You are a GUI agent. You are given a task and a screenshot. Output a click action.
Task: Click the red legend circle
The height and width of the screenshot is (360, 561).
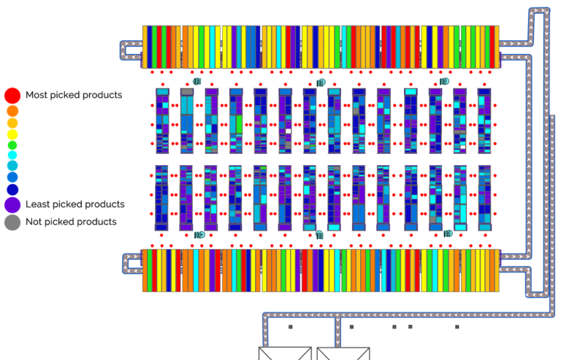click(x=12, y=96)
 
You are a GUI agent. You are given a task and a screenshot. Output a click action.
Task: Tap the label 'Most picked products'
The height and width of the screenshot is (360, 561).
click(x=74, y=95)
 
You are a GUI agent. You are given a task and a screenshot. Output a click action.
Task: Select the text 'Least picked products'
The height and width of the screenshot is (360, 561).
click(x=75, y=204)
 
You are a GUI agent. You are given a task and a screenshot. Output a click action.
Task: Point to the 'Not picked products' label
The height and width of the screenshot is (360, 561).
click(x=71, y=222)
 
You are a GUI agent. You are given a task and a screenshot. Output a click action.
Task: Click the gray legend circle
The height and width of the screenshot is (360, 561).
click(x=12, y=223)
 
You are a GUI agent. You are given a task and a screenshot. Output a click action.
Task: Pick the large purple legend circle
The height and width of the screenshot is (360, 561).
click(x=12, y=205)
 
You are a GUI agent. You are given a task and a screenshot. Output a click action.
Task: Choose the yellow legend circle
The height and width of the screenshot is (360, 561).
click(x=12, y=135)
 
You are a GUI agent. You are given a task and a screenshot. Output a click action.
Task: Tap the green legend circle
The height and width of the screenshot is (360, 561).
click(x=12, y=145)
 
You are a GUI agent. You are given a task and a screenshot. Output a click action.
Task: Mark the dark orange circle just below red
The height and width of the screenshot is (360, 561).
click(x=12, y=111)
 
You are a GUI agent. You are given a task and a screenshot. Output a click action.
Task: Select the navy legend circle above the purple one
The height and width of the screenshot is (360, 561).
click(x=12, y=189)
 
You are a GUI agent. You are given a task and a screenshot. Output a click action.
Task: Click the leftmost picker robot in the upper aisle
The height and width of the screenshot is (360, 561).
click(x=197, y=82)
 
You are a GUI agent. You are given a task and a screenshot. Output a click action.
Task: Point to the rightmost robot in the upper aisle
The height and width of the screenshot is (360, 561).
click(x=444, y=82)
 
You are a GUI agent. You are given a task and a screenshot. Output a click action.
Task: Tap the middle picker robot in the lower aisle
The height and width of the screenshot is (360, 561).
click(x=319, y=234)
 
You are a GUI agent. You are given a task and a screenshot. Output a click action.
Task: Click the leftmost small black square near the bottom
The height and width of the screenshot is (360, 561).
click(x=291, y=326)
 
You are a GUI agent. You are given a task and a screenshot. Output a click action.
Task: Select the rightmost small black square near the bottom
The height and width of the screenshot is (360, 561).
click(x=457, y=326)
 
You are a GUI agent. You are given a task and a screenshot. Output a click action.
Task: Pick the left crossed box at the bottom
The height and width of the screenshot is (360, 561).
click(x=285, y=353)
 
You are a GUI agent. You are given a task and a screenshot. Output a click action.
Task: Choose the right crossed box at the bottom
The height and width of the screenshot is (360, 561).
click(x=343, y=353)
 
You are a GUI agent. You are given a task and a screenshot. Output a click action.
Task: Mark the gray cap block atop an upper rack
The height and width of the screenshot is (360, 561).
click(x=187, y=92)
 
